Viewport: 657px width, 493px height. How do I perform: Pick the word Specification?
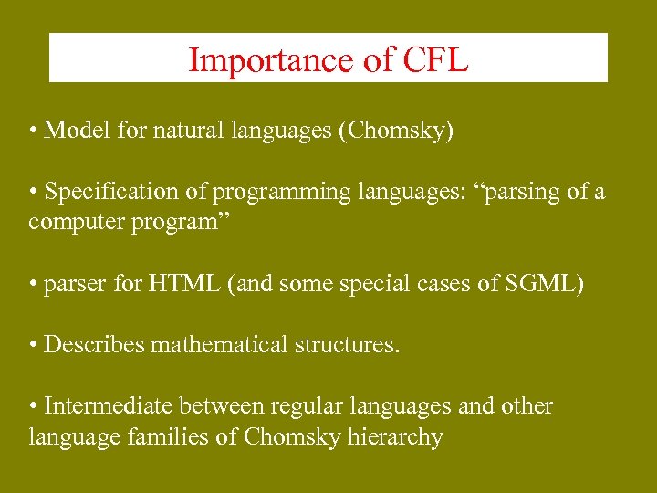coord(113,192)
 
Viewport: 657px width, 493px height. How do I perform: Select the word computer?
coord(68,222)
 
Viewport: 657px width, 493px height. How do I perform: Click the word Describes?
coord(94,345)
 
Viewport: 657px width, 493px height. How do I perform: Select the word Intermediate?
coord(109,406)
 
